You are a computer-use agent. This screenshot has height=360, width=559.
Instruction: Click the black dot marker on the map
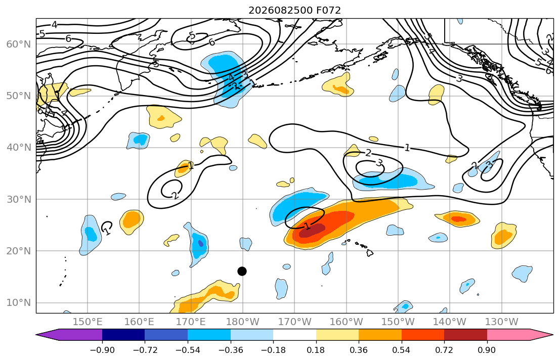coord(242,271)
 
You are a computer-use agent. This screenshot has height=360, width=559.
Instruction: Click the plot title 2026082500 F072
coord(294,10)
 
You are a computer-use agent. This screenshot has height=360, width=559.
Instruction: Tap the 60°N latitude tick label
coord(19,44)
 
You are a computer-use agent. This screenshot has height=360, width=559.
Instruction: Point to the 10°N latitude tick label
coord(19,303)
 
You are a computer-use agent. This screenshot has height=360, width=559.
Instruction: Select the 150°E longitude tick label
coord(88,322)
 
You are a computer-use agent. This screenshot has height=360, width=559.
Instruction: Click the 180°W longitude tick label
coord(243,322)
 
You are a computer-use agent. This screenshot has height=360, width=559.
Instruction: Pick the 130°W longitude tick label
coord(502,322)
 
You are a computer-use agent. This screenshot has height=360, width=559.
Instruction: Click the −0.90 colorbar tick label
coord(102,350)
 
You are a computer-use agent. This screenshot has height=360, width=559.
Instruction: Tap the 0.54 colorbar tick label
coord(402,350)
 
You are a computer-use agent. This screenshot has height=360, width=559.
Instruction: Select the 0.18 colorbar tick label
coord(316,350)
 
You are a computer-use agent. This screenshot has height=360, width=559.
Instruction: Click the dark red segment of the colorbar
coord(465,335)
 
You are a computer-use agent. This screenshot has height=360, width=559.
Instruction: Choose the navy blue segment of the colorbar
coord(123,335)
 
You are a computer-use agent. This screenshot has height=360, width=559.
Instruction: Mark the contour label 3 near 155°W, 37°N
coord(379,163)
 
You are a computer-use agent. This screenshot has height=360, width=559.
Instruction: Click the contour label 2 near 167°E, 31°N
coord(175,195)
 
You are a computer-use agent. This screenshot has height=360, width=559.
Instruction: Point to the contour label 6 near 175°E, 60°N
coord(212,42)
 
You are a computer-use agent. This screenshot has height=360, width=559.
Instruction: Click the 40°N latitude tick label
coord(19,148)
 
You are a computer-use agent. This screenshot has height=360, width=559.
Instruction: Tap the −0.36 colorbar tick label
coord(230,350)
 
